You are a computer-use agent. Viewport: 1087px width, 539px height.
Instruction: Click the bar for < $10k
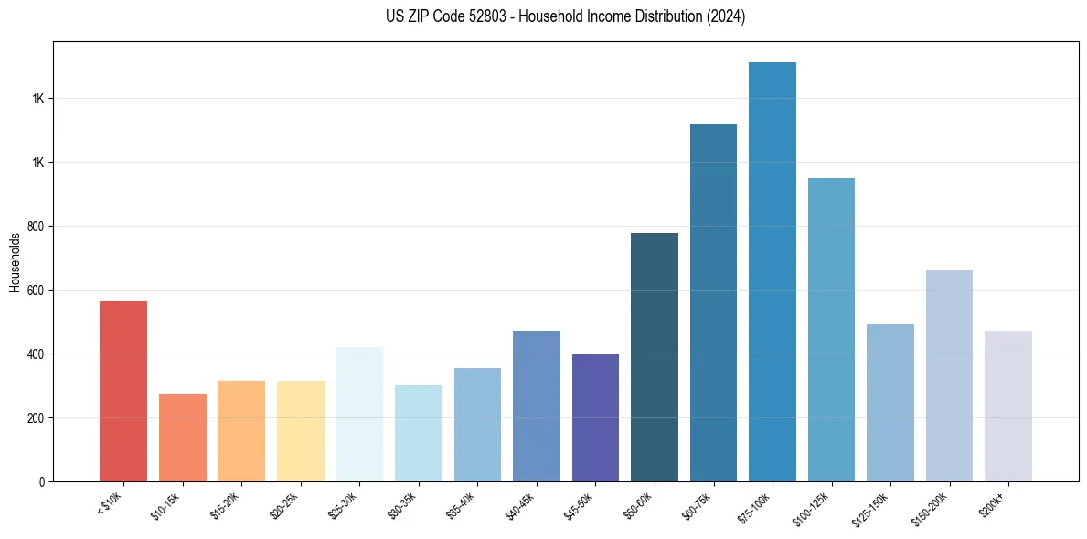123,391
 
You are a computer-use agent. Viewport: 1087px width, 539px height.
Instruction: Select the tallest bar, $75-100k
773,272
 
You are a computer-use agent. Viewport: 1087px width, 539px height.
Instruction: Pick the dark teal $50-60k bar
655,357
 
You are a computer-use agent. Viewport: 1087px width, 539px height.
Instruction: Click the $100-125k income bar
831,330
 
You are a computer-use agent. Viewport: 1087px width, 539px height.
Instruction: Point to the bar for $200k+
1008,407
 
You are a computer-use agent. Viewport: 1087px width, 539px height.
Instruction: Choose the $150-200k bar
949,376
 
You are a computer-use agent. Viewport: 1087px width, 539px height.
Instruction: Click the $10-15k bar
183,438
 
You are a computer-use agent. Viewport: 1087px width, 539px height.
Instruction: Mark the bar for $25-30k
359,415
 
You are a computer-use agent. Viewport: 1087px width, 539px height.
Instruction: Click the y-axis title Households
15,262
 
